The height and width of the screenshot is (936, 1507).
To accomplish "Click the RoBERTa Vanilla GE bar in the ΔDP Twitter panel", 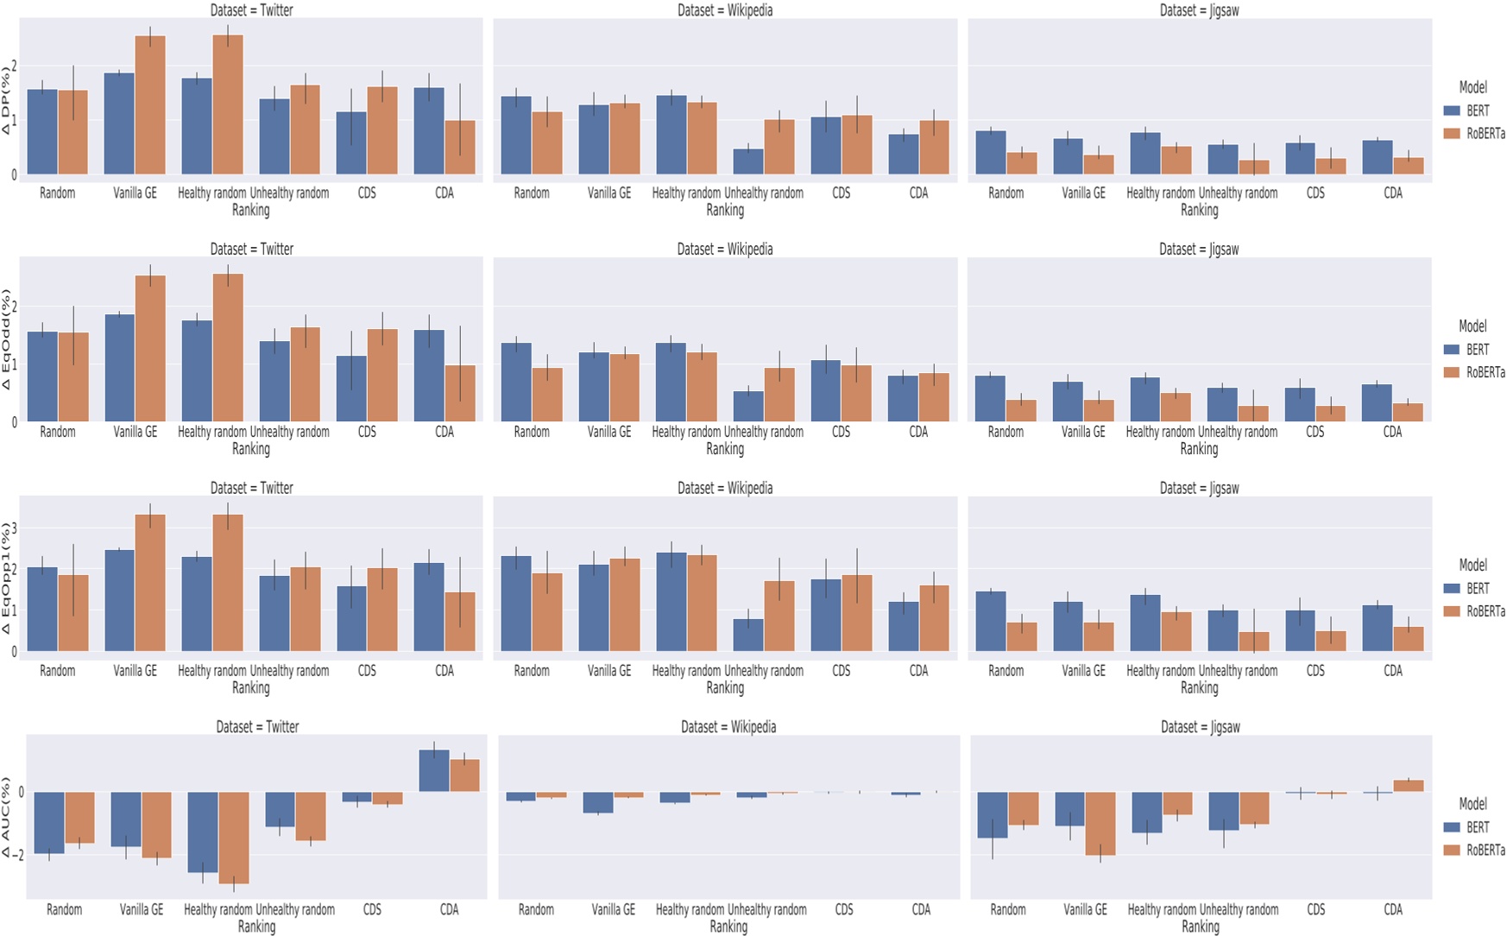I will tap(150, 105).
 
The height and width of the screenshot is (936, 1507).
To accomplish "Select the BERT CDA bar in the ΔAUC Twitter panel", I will tap(433, 770).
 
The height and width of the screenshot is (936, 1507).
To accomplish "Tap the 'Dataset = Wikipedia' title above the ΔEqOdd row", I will tap(725, 250).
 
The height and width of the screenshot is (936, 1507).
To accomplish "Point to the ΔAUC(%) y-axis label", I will tap(7, 817).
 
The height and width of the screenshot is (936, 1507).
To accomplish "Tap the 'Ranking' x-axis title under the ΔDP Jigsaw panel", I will tap(1199, 210).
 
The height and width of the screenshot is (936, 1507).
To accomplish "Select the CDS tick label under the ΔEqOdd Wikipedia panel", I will tap(841, 432).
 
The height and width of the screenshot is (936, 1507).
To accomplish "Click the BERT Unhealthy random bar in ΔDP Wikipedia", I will tap(748, 161).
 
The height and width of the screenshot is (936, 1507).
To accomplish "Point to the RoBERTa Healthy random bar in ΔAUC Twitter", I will tap(233, 838).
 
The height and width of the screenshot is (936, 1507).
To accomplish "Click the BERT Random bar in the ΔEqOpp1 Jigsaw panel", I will tap(991, 621).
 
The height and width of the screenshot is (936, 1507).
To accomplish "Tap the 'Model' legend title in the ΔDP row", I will tap(1472, 87).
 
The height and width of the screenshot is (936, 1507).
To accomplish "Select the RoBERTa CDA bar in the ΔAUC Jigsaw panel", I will tap(1409, 786).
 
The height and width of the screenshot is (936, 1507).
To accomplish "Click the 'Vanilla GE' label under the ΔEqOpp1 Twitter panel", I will tap(136, 671).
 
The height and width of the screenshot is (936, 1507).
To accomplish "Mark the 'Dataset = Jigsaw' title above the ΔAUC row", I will tap(1200, 727).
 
